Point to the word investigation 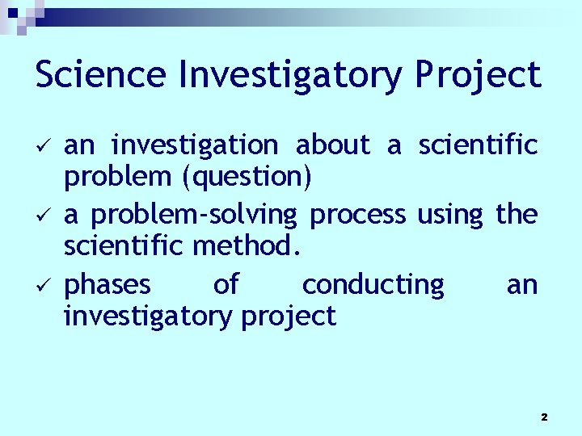[195, 145]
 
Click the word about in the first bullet [332, 145]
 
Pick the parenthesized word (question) [247, 177]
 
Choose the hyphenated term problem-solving [193, 215]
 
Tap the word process [358, 215]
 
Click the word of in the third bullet [226, 284]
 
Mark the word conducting [373, 285]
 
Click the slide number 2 [543, 417]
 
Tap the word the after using [517, 214]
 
